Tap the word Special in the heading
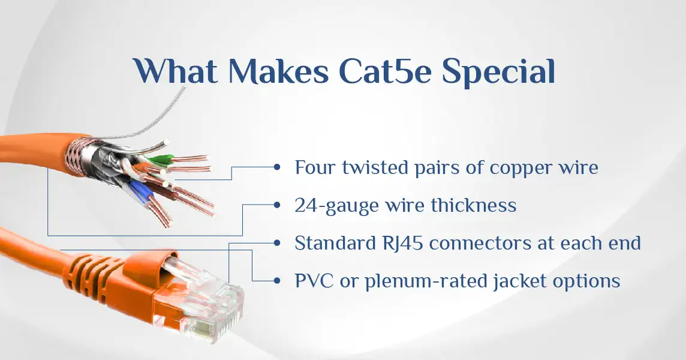[x=498, y=73]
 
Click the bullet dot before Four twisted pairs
[x=276, y=167]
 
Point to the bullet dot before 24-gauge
[x=276, y=205]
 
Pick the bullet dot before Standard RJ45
[x=276, y=242]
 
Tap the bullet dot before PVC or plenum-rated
[x=276, y=280]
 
